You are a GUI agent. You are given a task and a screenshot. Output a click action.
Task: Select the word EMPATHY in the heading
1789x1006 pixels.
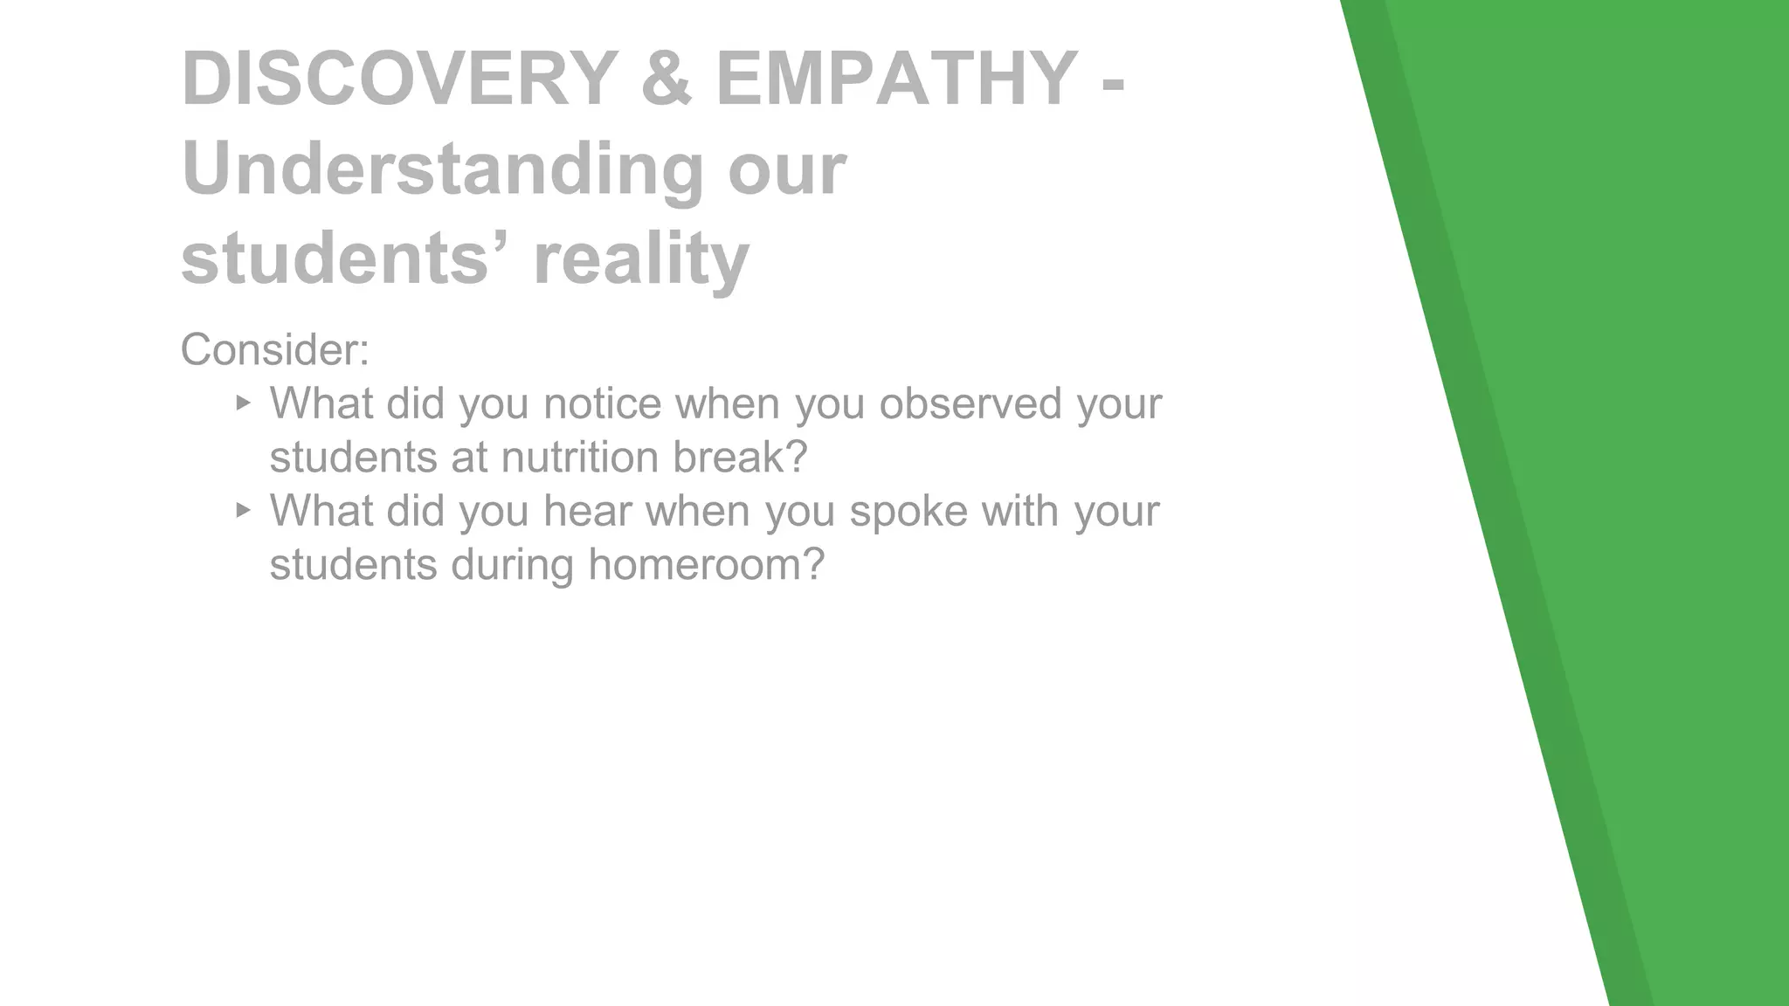[896, 79]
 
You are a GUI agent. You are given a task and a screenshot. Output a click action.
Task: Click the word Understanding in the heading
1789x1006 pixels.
[442, 169]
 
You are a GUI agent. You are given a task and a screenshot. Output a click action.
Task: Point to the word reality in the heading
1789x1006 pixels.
[641, 258]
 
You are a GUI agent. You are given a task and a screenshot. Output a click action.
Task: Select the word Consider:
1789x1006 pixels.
[275, 349]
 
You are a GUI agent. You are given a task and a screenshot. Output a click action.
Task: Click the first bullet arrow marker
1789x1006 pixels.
[243, 403]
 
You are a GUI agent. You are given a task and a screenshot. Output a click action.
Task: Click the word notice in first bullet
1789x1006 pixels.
[603, 403]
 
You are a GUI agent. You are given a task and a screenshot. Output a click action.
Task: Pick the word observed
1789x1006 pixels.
[970, 403]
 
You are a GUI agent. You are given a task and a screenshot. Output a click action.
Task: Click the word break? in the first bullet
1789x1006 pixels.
[740, 458]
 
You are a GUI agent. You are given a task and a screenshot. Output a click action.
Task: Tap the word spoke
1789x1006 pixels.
[908, 511]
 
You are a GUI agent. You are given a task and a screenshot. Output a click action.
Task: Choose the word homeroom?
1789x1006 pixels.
[706, 564]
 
